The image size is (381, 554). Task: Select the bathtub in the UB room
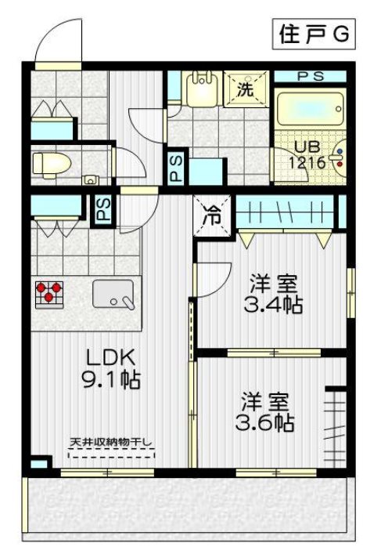309,107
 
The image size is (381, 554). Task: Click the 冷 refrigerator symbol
212,215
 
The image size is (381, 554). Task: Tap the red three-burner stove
49,291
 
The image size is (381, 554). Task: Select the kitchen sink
113,294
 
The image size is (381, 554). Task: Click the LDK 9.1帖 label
113,369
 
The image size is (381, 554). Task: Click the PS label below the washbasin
177,168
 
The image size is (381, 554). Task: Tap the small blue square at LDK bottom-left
38,465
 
